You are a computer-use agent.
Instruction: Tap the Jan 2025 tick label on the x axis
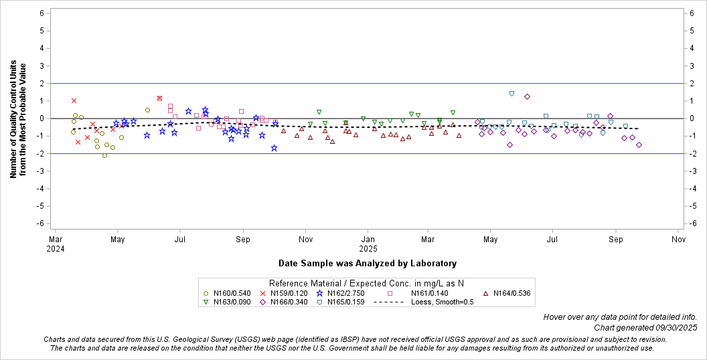tap(368, 244)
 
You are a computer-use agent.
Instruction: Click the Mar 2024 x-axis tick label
tap(56, 244)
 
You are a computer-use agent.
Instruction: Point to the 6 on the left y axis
tap(42, 13)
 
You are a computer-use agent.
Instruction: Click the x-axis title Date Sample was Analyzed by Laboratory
tap(368, 263)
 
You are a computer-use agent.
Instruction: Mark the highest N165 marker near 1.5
tap(512, 94)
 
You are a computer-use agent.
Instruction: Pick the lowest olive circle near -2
tap(104, 155)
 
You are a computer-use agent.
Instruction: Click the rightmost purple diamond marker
tap(639, 145)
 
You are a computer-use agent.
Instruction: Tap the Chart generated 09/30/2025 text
tap(645, 327)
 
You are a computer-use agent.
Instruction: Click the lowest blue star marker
tap(274, 148)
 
